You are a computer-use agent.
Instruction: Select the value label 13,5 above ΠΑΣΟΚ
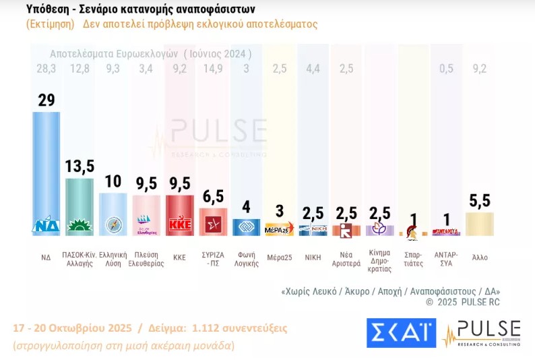(80, 167)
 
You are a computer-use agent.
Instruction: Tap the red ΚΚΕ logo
(179, 224)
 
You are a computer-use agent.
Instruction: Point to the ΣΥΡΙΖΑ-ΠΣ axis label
(212, 259)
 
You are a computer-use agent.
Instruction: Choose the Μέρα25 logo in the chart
(279, 229)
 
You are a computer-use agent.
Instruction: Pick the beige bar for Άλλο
(479, 224)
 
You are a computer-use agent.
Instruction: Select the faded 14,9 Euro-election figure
(212, 68)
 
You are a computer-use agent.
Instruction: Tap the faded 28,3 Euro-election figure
(46, 68)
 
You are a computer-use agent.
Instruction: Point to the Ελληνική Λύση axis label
(113, 259)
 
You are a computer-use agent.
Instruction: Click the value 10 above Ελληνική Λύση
(113, 181)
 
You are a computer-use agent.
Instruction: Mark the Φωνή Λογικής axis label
(245, 259)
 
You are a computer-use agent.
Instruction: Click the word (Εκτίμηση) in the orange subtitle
(51, 24)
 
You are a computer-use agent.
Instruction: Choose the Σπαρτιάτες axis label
(412, 259)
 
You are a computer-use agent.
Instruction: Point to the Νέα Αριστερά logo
(346, 229)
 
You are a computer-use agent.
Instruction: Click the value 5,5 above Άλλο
(479, 200)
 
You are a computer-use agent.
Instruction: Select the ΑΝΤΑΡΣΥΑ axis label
(445, 259)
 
